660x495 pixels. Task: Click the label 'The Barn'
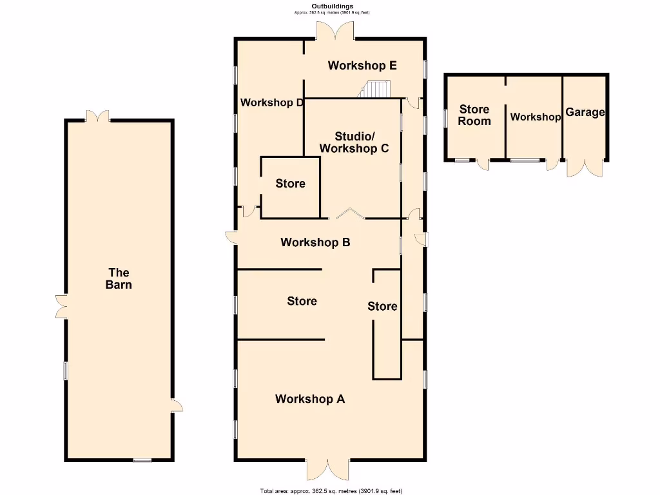tap(119, 278)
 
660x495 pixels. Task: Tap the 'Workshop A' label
tap(310, 399)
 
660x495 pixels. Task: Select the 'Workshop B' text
tap(315, 242)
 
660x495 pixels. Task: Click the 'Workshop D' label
tap(271, 102)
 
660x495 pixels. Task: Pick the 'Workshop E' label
tap(362, 65)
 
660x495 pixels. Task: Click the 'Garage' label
tap(585, 112)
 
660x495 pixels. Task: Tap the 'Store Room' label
tap(474, 115)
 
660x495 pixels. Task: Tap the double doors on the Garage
tap(585, 168)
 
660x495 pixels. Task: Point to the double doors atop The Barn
tap(98, 116)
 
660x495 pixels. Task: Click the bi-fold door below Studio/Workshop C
tap(348, 213)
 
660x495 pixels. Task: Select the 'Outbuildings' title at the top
tap(333, 6)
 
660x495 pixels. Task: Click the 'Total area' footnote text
tap(331, 491)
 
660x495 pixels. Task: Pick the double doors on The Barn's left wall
tap(61, 306)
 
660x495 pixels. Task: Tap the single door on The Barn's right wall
tap(177, 405)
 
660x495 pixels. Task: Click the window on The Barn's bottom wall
tap(142, 460)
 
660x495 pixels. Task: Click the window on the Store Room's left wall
tap(445, 118)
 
